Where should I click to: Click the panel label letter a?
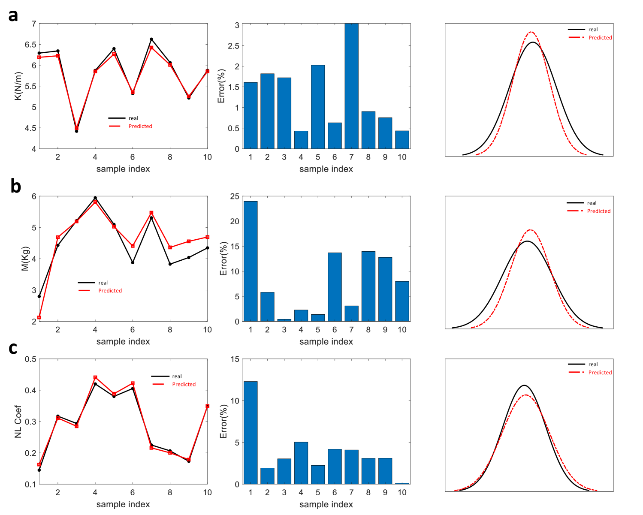[13, 16]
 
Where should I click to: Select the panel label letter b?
[15, 186]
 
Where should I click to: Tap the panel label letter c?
[13, 348]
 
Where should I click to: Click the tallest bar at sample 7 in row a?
[351, 86]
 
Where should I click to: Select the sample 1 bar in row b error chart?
[251, 261]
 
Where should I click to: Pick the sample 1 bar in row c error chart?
[251, 433]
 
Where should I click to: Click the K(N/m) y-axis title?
[18, 86]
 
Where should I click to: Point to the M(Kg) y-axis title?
[25, 259]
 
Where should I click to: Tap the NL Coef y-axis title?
[18, 422]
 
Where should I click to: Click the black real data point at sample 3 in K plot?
[76, 131]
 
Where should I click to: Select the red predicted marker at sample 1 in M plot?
[39, 317]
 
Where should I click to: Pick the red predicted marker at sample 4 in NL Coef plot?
[95, 377]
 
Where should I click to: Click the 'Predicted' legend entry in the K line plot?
[140, 126]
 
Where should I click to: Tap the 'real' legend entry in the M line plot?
[103, 283]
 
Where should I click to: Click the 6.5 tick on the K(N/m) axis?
[30, 45]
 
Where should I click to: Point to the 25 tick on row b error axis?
[235, 196]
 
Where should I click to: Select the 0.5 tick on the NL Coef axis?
[30, 359]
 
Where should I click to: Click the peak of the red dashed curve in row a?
[531, 32]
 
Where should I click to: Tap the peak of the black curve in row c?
[524, 385]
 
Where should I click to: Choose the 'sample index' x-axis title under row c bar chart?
[326, 504]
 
